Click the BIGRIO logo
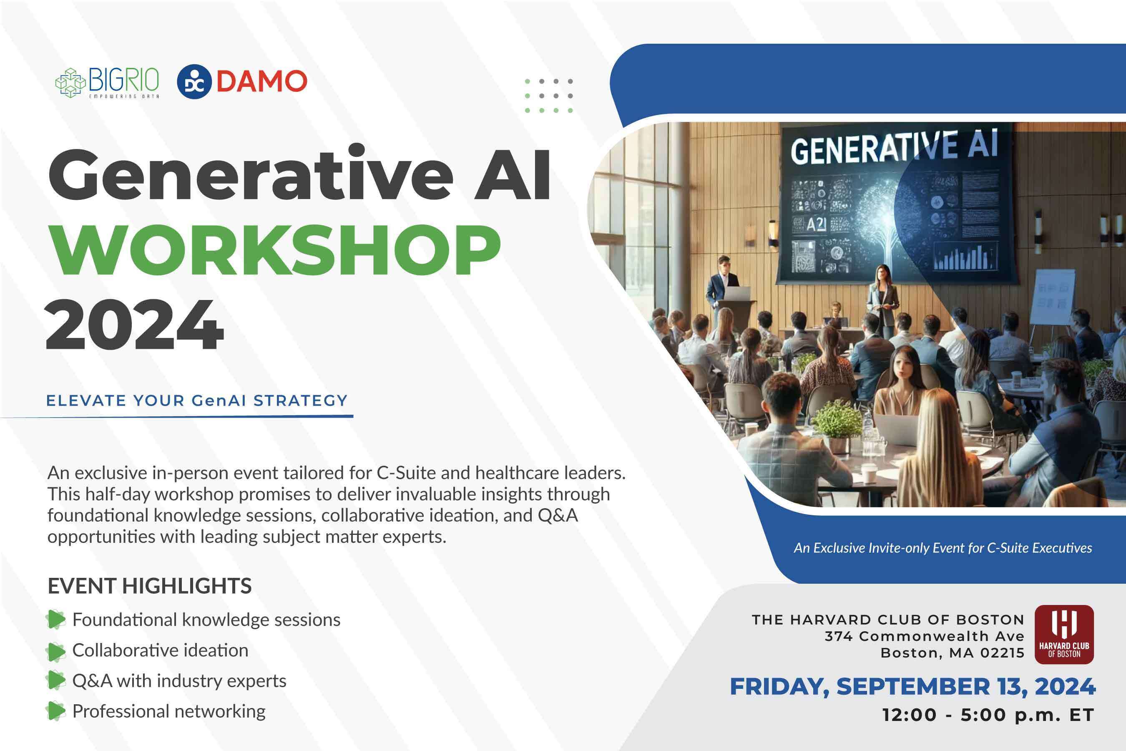tap(107, 82)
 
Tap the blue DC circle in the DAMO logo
tap(194, 81)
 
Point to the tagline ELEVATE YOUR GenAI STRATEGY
tap(196, 401)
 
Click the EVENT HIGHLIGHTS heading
tap(149, 586)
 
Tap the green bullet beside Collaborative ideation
tap(55, 651)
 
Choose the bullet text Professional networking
tap(168, 711)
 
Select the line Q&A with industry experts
tap(179, 680)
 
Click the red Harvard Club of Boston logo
tap(1064, 634)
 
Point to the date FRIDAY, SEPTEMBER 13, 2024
tap(912, 686)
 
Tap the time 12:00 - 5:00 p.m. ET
tap(988, 715)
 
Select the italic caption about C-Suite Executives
tap(943, 548)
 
